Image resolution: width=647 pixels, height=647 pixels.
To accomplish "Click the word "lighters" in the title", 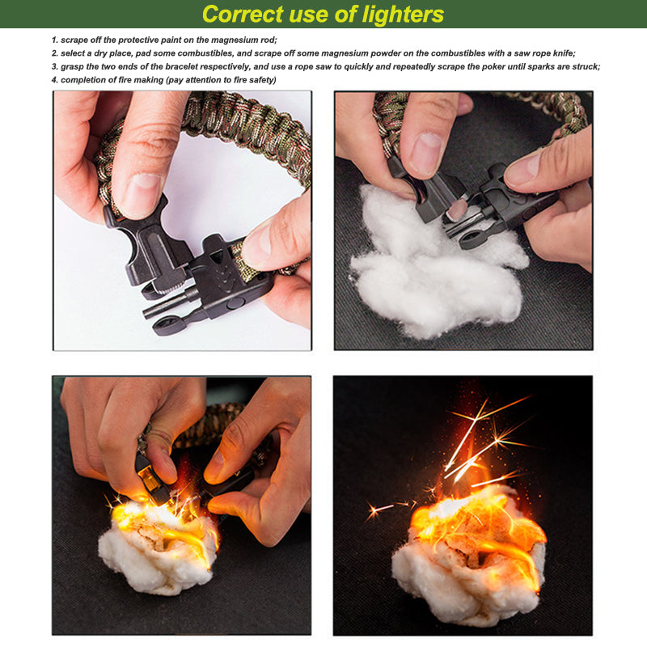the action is [x=403, y=15].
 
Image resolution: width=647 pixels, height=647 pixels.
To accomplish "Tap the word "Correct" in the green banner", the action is [x=242, y=14].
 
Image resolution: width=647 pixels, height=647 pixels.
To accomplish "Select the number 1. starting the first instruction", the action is [x=55, y=40].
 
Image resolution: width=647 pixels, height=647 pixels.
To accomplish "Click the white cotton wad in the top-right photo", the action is [x=438, y=264].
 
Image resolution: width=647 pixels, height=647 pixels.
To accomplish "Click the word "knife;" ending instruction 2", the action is [x=564, y=53].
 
